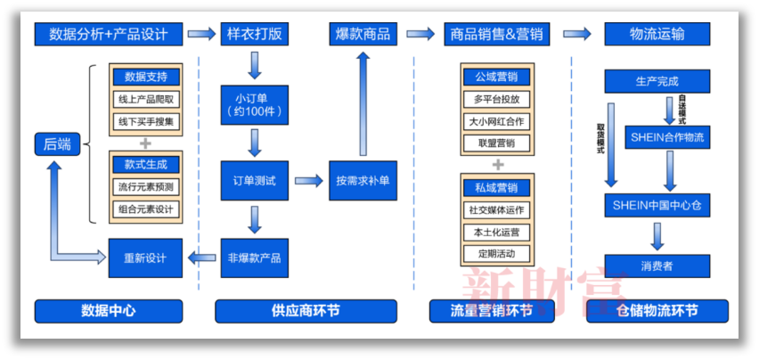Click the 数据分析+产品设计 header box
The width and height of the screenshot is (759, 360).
[x=110, y=34]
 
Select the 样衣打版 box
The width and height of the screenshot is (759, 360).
[x=254, y=34]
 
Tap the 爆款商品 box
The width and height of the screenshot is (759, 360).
[x=363, y=34]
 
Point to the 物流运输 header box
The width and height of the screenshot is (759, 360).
[x=657, y=34]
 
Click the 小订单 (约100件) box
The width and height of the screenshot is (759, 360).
[x=254, y=105]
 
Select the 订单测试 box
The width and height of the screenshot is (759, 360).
[x=254, y=181]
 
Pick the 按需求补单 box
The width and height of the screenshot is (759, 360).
[x=362, y=181]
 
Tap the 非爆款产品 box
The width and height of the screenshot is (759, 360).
[x=254, y=258]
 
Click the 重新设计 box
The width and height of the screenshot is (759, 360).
[x=145, y=258]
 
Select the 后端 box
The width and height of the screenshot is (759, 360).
[x=57, y=144]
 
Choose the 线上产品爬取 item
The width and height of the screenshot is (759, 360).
[x=145, y=98]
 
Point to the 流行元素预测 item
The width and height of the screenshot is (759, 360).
[x=145, y=187]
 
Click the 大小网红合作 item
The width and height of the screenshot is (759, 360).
[x=497, y=121]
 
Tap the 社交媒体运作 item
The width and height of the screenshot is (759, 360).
[x=497, y=210]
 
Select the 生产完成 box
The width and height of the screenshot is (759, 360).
[x=657, y=82]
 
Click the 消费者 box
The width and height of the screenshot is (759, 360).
[x=657, y=266]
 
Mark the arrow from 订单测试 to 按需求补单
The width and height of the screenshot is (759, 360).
[x=308, y=181]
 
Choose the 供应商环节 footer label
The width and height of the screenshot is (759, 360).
[x=306, y=311]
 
